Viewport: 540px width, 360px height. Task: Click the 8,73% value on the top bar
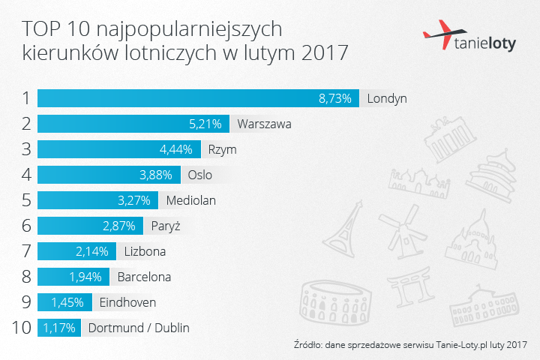tap(335, 98)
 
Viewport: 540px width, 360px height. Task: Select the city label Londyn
tap(387, 98)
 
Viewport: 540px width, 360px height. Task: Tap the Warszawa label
tap(264, 124)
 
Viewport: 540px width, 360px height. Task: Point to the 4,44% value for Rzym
tap(177, 149)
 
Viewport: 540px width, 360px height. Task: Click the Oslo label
tap(200, 175)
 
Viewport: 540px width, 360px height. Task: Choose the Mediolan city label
tap(193, 200)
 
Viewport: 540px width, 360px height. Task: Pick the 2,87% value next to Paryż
tap(118, 226)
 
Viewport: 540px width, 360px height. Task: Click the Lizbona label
tap(145, 251)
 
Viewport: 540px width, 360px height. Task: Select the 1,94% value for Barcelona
tap(86, 277)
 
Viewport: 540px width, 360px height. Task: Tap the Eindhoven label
tap(127, 302)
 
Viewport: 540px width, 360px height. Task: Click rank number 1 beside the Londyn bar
tap(25, 98)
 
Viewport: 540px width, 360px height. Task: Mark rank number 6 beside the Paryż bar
tap(25, 226)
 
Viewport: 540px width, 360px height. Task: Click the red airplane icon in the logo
tap(438, 34)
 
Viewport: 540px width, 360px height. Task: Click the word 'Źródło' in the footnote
tap(310, 346)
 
